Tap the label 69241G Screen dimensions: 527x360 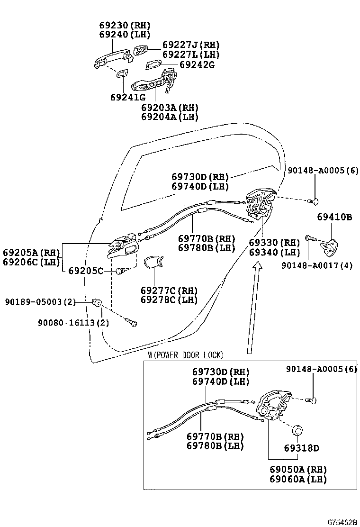click(128, 97)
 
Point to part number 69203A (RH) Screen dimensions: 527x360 click(170, 108)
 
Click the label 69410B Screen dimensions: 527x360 click(334, 217)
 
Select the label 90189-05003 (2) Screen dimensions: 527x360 click(41, 302)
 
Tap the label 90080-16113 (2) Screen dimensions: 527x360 click(73, 323)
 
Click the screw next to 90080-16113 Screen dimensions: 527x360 click(132, 323)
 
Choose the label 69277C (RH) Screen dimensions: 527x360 click(169, 290)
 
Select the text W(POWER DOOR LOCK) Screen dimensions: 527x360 click(186, 355)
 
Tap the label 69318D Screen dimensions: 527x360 click(302, 448)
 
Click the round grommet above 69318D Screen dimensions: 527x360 click(297, 431)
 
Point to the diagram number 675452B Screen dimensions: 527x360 click(342, 522)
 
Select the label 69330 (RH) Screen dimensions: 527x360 click(274, 243)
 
